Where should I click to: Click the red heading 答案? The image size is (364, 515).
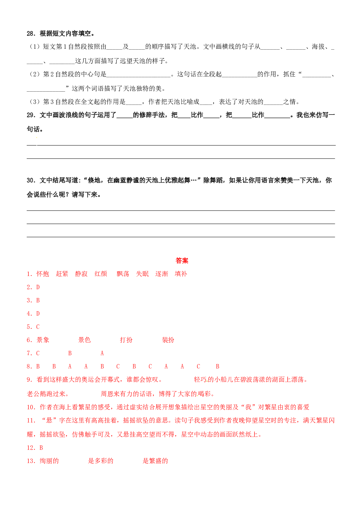coord(182,260)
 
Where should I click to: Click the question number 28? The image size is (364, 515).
coord(31,34)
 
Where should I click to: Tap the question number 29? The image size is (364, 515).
coord(31,115)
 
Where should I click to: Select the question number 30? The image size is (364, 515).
coord(31,180)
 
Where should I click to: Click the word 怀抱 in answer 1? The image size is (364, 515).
coord(43,274)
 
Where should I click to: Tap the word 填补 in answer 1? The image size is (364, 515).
coord(181,274)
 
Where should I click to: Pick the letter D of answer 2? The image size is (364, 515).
coord(38,287)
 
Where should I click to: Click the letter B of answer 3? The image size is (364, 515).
coord(38,300)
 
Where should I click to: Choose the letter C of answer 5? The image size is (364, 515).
coord(38,327)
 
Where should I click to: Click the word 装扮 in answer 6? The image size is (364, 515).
coord(168,340)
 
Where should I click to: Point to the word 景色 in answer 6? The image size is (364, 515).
coord(85,340)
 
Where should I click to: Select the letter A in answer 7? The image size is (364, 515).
coord(102,353)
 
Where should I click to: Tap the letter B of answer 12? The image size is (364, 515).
coord(41,448)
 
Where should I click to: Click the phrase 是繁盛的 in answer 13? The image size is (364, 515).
coord(155,461)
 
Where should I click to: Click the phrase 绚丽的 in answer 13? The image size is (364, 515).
coord(49,461)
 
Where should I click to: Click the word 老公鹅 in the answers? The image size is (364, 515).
coord(36,394)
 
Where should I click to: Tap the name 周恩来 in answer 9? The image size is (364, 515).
coord(110,394)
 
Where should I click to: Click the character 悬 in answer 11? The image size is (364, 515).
coord(49,420)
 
